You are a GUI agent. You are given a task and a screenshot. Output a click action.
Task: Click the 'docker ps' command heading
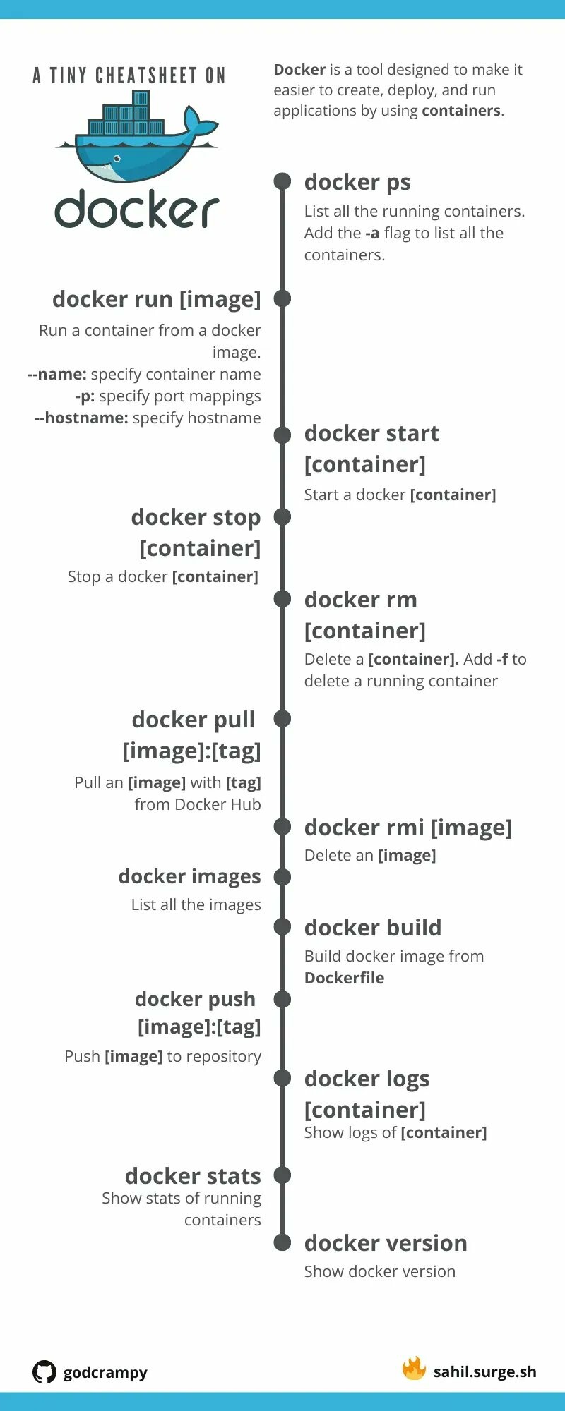(x=357, y=183)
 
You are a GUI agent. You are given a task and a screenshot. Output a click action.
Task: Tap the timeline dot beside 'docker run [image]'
(x=282, y=298)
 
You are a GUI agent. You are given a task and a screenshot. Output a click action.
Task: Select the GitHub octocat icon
(x=44, y=1372)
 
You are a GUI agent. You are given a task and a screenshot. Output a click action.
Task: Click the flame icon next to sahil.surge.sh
(x=414, y=1369)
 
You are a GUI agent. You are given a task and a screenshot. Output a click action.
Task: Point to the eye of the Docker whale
(x=117, y=159)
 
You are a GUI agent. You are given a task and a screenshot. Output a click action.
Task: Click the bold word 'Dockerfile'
(x=345, y=978)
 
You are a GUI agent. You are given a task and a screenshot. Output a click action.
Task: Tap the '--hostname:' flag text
(x=81, y=418)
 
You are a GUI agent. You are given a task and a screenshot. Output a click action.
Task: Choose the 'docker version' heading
(x=386, y=1243)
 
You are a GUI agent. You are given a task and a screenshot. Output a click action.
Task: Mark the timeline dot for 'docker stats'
(x=282, y=1175)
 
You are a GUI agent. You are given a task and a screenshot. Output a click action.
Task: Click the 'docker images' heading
(x=190, y=877)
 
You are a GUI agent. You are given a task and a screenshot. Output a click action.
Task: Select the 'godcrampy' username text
(x=105, y=1373)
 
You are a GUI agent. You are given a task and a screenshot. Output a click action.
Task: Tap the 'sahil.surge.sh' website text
(x=485, y=1371)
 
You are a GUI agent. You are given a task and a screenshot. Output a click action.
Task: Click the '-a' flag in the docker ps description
(x=372, y=233)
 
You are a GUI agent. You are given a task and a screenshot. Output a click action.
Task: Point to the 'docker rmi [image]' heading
(x=408, y=828)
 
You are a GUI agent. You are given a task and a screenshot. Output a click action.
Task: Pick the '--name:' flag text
(x=57, y=374)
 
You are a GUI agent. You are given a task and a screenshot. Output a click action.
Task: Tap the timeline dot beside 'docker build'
(x=282, y=927)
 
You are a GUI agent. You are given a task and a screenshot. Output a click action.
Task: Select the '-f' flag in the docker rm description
(x=502, y=659)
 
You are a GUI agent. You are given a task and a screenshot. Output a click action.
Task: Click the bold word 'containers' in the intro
(x=461, y=111)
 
